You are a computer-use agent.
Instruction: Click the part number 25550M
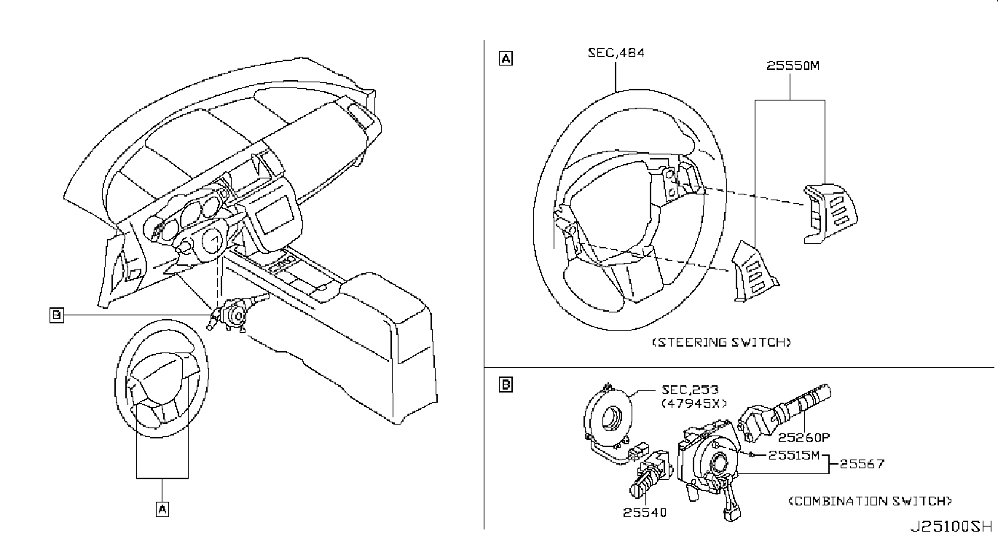coord(793,66)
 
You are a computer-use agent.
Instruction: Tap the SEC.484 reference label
coord(616,52)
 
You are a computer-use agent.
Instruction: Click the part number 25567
coord(862,463)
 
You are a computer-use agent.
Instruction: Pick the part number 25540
coord(644,512)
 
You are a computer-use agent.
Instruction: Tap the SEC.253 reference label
coord(688,390)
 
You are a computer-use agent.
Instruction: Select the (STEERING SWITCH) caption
coord(720,342)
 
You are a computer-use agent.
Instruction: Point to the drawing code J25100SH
coord(950,525)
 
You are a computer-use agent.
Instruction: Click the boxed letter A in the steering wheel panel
coord(505,59)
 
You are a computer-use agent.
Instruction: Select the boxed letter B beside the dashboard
coord(56,315)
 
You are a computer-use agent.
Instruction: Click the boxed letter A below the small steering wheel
coord(162,509)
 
